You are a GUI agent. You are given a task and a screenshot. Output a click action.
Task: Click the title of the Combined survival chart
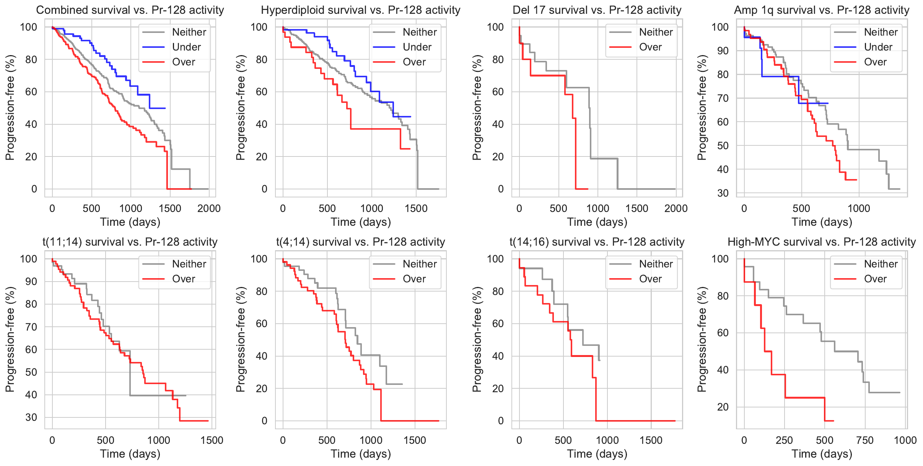click(130, 10)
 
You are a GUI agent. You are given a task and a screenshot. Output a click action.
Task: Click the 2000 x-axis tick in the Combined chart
click(209, 209)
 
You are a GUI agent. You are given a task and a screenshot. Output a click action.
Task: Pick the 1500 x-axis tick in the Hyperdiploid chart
click(416, 209)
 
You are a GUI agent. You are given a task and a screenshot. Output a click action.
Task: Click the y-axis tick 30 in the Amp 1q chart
click(723, 193)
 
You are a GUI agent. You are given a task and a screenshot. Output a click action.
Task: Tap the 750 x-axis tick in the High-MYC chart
click(865, 440)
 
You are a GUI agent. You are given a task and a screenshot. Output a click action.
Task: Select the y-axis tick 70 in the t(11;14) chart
click(31, 327)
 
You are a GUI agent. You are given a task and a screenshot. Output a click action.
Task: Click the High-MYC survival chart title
click(822, 242)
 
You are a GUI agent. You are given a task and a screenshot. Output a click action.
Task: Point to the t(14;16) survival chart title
click(597, 242)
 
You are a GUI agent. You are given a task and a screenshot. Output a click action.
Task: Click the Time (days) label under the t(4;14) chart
click(361, 454)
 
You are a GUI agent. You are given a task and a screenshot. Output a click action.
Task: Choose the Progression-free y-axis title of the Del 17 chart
click(477, 108)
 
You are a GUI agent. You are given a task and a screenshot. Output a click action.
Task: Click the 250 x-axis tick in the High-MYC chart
click(784, 440)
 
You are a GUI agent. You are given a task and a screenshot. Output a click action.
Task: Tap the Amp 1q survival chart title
click(822, 10)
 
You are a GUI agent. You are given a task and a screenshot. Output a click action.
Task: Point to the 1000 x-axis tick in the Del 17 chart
click(597, 209)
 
